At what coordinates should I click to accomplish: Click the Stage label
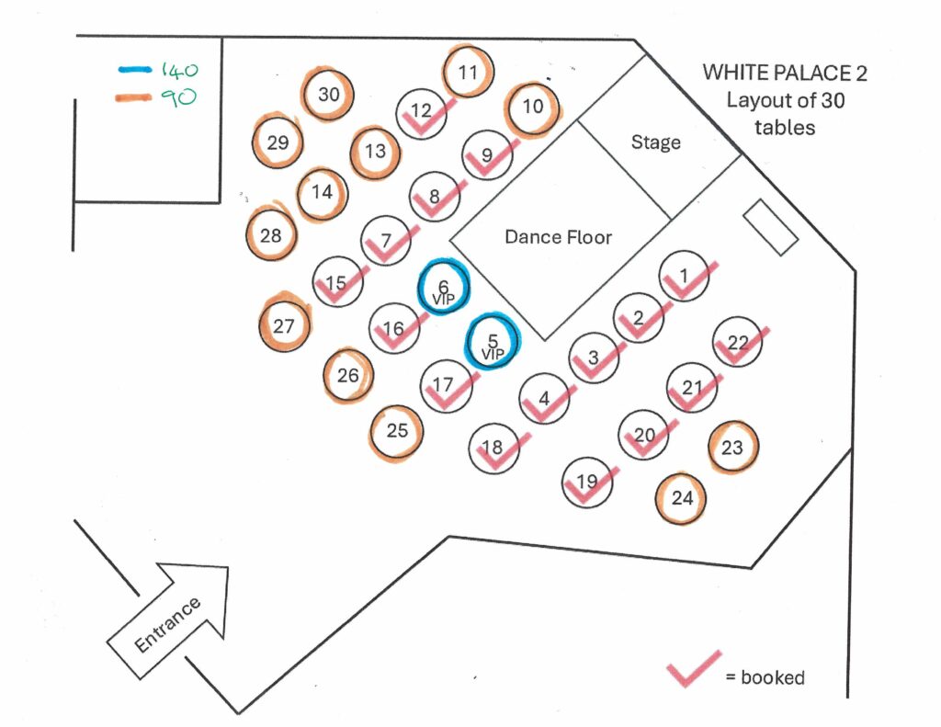click(656, 142)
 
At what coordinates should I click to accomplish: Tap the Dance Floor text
click(558, 237)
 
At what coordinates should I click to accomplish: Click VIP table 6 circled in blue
click(444, 289)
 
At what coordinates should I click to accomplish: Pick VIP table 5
click(493, 342)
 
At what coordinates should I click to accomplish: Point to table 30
click(329, 94)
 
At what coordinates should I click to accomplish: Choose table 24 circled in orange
click(682, 499)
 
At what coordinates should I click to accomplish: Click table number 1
click(683, 274)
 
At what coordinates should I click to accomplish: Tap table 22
click(738, 343)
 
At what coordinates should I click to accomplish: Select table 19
click(586, 482)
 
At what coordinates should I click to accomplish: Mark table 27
click(283, 325)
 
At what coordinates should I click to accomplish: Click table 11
click(469, 73)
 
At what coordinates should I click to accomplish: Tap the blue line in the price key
click(136, 69)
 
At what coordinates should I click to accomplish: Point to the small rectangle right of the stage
click(770, 227)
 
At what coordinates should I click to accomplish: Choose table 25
click(397, 429)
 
